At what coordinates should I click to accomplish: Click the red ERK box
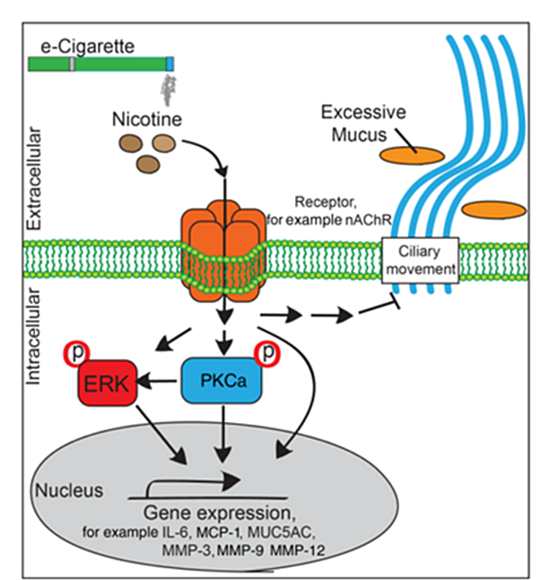pos(107,383)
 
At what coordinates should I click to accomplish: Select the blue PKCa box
pos(222,381)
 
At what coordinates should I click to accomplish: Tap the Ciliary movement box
pos(420,260)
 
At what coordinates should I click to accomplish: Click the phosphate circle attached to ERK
pos(77,353)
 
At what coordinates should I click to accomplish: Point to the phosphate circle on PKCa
pos(267,354)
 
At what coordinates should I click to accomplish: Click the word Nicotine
pos(147,119)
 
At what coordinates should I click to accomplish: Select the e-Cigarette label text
pos(88,47)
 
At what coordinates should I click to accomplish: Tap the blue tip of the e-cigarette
pos(169,64)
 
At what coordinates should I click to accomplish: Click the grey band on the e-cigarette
pos(72,64)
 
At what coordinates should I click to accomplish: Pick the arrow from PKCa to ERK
pos(156,381)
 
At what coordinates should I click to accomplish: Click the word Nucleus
pos(69,490)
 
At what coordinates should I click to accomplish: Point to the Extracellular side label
pos(33,178)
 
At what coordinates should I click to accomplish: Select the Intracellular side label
pos(32,336)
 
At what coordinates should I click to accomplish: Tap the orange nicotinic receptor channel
pos(224,251)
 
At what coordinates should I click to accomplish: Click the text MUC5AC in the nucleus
pos(281,532)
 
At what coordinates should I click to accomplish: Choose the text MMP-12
pos(298,550)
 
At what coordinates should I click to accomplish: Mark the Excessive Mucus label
pos(363,123)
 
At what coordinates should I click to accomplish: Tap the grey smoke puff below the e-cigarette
pos(168,90)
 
